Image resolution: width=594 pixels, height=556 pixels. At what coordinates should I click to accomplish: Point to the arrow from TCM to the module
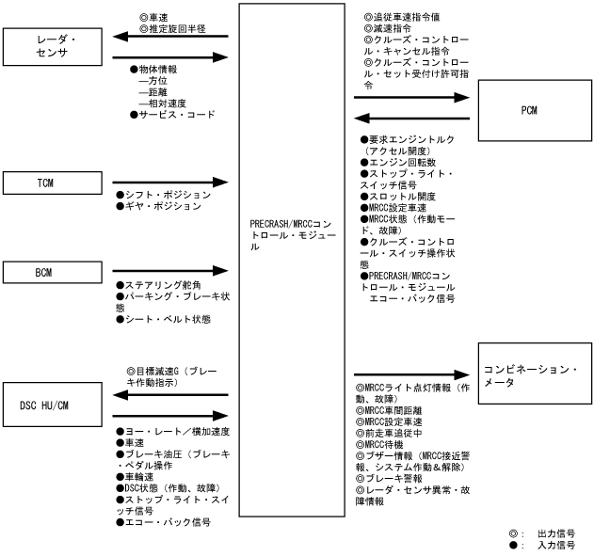coord(169,181)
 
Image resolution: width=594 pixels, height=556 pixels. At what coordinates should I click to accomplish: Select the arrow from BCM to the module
coord(169,273)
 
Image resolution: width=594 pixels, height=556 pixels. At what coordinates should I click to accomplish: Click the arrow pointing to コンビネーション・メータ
coord(410,373)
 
